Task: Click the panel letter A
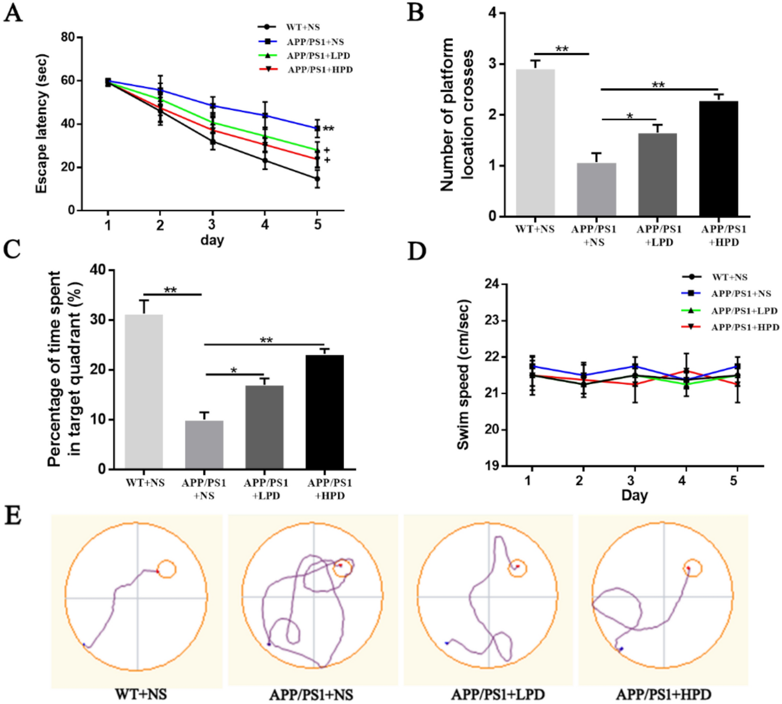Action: (x=13, y=13)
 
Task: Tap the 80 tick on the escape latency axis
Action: (x=68, y=37)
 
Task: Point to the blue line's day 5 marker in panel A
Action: (x=317, y=128)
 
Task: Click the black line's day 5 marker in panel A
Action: (x=317, y=179)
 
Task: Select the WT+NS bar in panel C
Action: (x=144, y=392)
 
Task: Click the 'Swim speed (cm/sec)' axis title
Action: (x=464, y=374)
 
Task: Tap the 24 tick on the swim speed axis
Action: (x=492, y=284)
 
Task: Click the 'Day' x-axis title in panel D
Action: (x=634, y=495)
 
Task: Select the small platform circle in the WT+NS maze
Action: (x=167, y=569)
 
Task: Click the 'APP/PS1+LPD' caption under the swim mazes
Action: (x=497, y=695)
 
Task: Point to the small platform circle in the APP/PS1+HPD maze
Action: (x=693, y=568)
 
